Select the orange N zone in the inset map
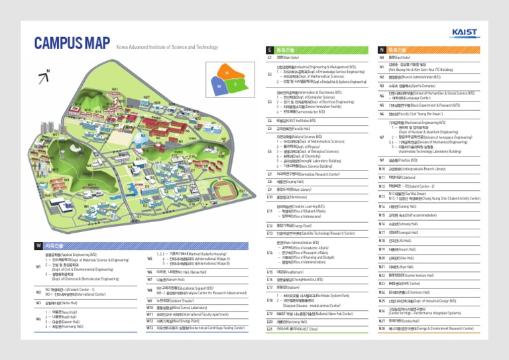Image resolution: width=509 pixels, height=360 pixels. [227, 72]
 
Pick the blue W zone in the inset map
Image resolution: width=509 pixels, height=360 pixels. [217, 86]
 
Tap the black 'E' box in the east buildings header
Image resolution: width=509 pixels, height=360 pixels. [269, 50]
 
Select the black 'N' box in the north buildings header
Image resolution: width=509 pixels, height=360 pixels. [381, 50]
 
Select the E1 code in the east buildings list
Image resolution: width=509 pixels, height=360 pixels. [270, 58]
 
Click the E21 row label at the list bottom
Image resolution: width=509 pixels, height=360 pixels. [270, 330]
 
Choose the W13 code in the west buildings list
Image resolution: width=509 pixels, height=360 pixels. [150, 328]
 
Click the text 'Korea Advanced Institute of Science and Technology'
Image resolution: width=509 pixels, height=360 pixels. [166, 47]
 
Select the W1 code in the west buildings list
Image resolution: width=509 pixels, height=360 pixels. [38, 267]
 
